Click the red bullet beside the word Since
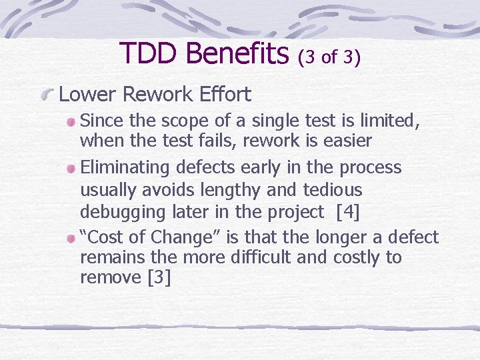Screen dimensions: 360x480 pyautogui.click(x=71, y=121)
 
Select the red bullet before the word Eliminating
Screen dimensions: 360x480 pyautogui.click(x=71, y=168)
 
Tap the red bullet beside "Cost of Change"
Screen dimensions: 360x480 pyautogui.click(x=71, y=238)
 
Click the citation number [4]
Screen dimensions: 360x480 pyautogui.click(x=349, y=212)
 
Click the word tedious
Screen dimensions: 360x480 pyautogui.click(x=329, y=191)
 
